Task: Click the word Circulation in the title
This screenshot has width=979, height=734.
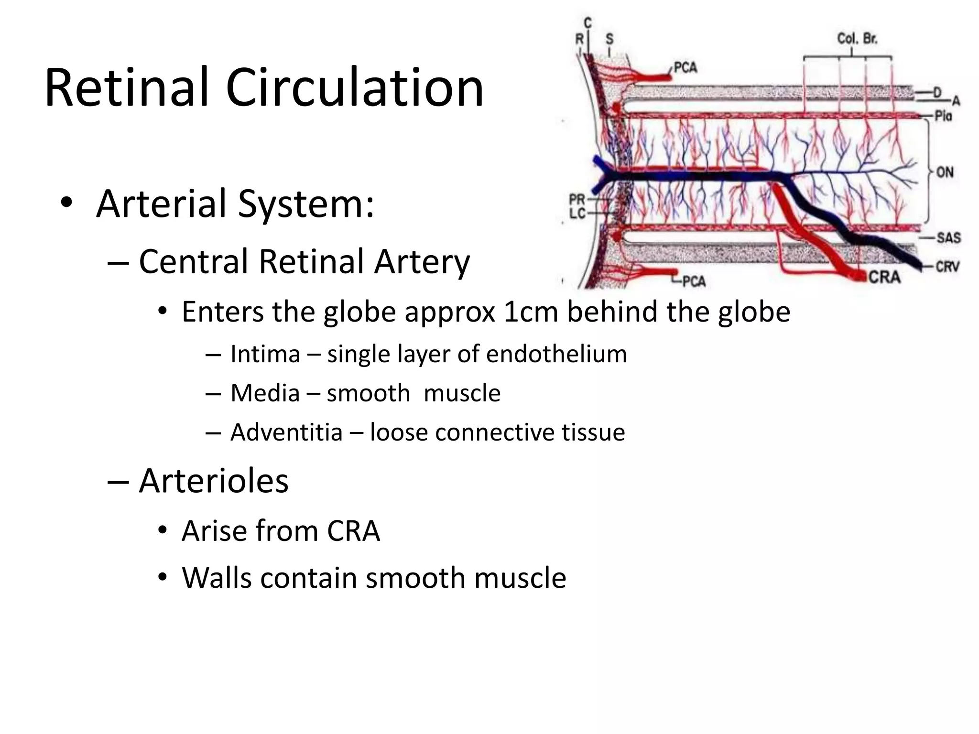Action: point(355,87)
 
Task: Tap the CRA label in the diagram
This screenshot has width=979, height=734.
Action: point(884,277)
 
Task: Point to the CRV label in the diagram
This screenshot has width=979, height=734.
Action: point(947,267)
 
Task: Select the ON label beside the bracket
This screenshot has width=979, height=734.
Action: point(945,172)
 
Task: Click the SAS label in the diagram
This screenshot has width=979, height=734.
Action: point(948,237)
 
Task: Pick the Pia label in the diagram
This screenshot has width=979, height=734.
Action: point(944,116)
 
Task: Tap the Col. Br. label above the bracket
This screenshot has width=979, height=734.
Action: point(857,39)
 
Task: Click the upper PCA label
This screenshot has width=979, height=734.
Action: point(685,68)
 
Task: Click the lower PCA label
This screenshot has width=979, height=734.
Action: point(694,281)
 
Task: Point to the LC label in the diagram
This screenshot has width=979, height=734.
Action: point(577,213)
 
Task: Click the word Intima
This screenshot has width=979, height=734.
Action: point(265,354)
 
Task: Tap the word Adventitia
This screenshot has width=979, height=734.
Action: point(286,432)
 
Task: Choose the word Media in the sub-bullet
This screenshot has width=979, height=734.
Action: point(265,393)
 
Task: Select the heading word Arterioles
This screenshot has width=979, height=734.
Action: point(214,480)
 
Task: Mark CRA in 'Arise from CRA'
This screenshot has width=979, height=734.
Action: point(353,531)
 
